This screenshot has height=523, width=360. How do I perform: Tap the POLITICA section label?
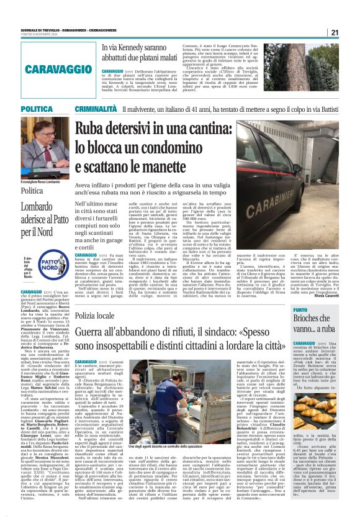pos(20,109)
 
